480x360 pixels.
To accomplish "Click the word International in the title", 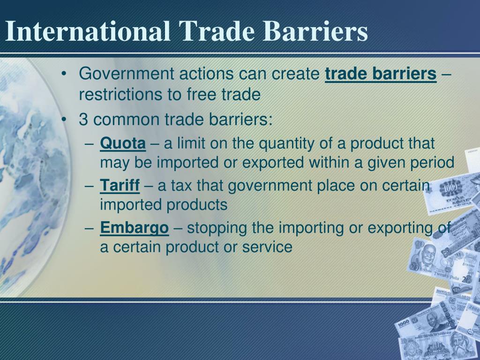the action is [x=88, y=31].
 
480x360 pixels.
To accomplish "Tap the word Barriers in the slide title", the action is [x=315, y=31].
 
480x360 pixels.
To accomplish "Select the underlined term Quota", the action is [x=123, y=143].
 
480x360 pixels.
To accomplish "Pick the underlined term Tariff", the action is [x=120, y=186].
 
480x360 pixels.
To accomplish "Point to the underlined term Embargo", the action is [x=135, y=228].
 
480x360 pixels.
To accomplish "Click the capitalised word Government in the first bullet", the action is [x=127, y=74].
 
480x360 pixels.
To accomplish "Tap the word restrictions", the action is [x=120, y=94].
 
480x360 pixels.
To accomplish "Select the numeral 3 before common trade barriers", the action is [x=83, y=120].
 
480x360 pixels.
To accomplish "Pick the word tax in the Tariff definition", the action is [x=181, y=186].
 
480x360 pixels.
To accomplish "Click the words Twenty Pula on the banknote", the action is [x=446, y=276].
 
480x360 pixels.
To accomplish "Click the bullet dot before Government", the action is [x=64, y=74].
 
